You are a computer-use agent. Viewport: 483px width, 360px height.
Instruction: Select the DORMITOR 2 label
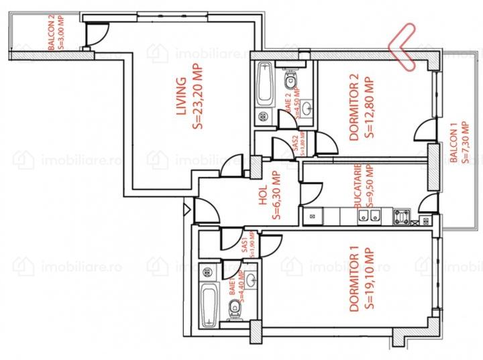[x=354, y=108]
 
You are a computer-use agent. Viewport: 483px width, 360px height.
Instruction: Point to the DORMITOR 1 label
[x=354, y=280]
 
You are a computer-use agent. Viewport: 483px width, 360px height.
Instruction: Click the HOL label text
[x=263, y=195]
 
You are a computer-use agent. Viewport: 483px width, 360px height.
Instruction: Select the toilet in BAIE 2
[x=290, y=81]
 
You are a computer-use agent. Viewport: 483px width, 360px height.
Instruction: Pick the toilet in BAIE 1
[x=233, y=308]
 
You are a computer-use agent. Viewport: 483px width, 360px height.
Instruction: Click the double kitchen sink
[x=368, y=216]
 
